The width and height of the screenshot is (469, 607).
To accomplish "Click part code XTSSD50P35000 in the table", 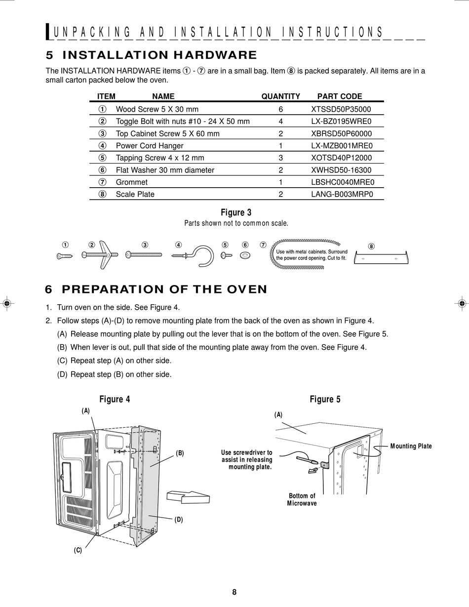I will point(341,109).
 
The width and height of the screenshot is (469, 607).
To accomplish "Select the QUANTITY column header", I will point(280,96).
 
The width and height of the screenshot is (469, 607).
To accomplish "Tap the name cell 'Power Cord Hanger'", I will point(150,146).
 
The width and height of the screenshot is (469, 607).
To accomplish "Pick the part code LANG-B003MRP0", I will point(341,194).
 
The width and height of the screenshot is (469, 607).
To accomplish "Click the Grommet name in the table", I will point(132,182).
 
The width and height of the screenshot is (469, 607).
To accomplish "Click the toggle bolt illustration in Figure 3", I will point(101,254).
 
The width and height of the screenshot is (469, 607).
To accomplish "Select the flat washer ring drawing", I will point(245,255).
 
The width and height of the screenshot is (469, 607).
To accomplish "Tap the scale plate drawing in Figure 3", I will point(381,258).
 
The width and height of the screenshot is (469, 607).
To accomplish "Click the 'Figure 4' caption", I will point(115,399).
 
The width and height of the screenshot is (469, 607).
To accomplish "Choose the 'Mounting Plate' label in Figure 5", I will point(411,446).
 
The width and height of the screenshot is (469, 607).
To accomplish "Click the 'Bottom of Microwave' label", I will point(302,499).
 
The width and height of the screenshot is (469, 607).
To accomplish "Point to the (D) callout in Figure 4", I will point(179,519).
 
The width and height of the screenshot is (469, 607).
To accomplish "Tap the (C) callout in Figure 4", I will point(78,550).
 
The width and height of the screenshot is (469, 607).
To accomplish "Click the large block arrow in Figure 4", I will point(188,496).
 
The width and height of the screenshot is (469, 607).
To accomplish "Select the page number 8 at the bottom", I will point(234,592).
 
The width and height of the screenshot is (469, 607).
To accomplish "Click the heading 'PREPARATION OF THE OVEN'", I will point(164,289).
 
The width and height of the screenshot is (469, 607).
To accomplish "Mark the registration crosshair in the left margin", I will point(7,303).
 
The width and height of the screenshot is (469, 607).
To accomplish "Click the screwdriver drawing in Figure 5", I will point(307,461).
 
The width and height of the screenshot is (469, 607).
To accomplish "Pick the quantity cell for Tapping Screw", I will point(280,158).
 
